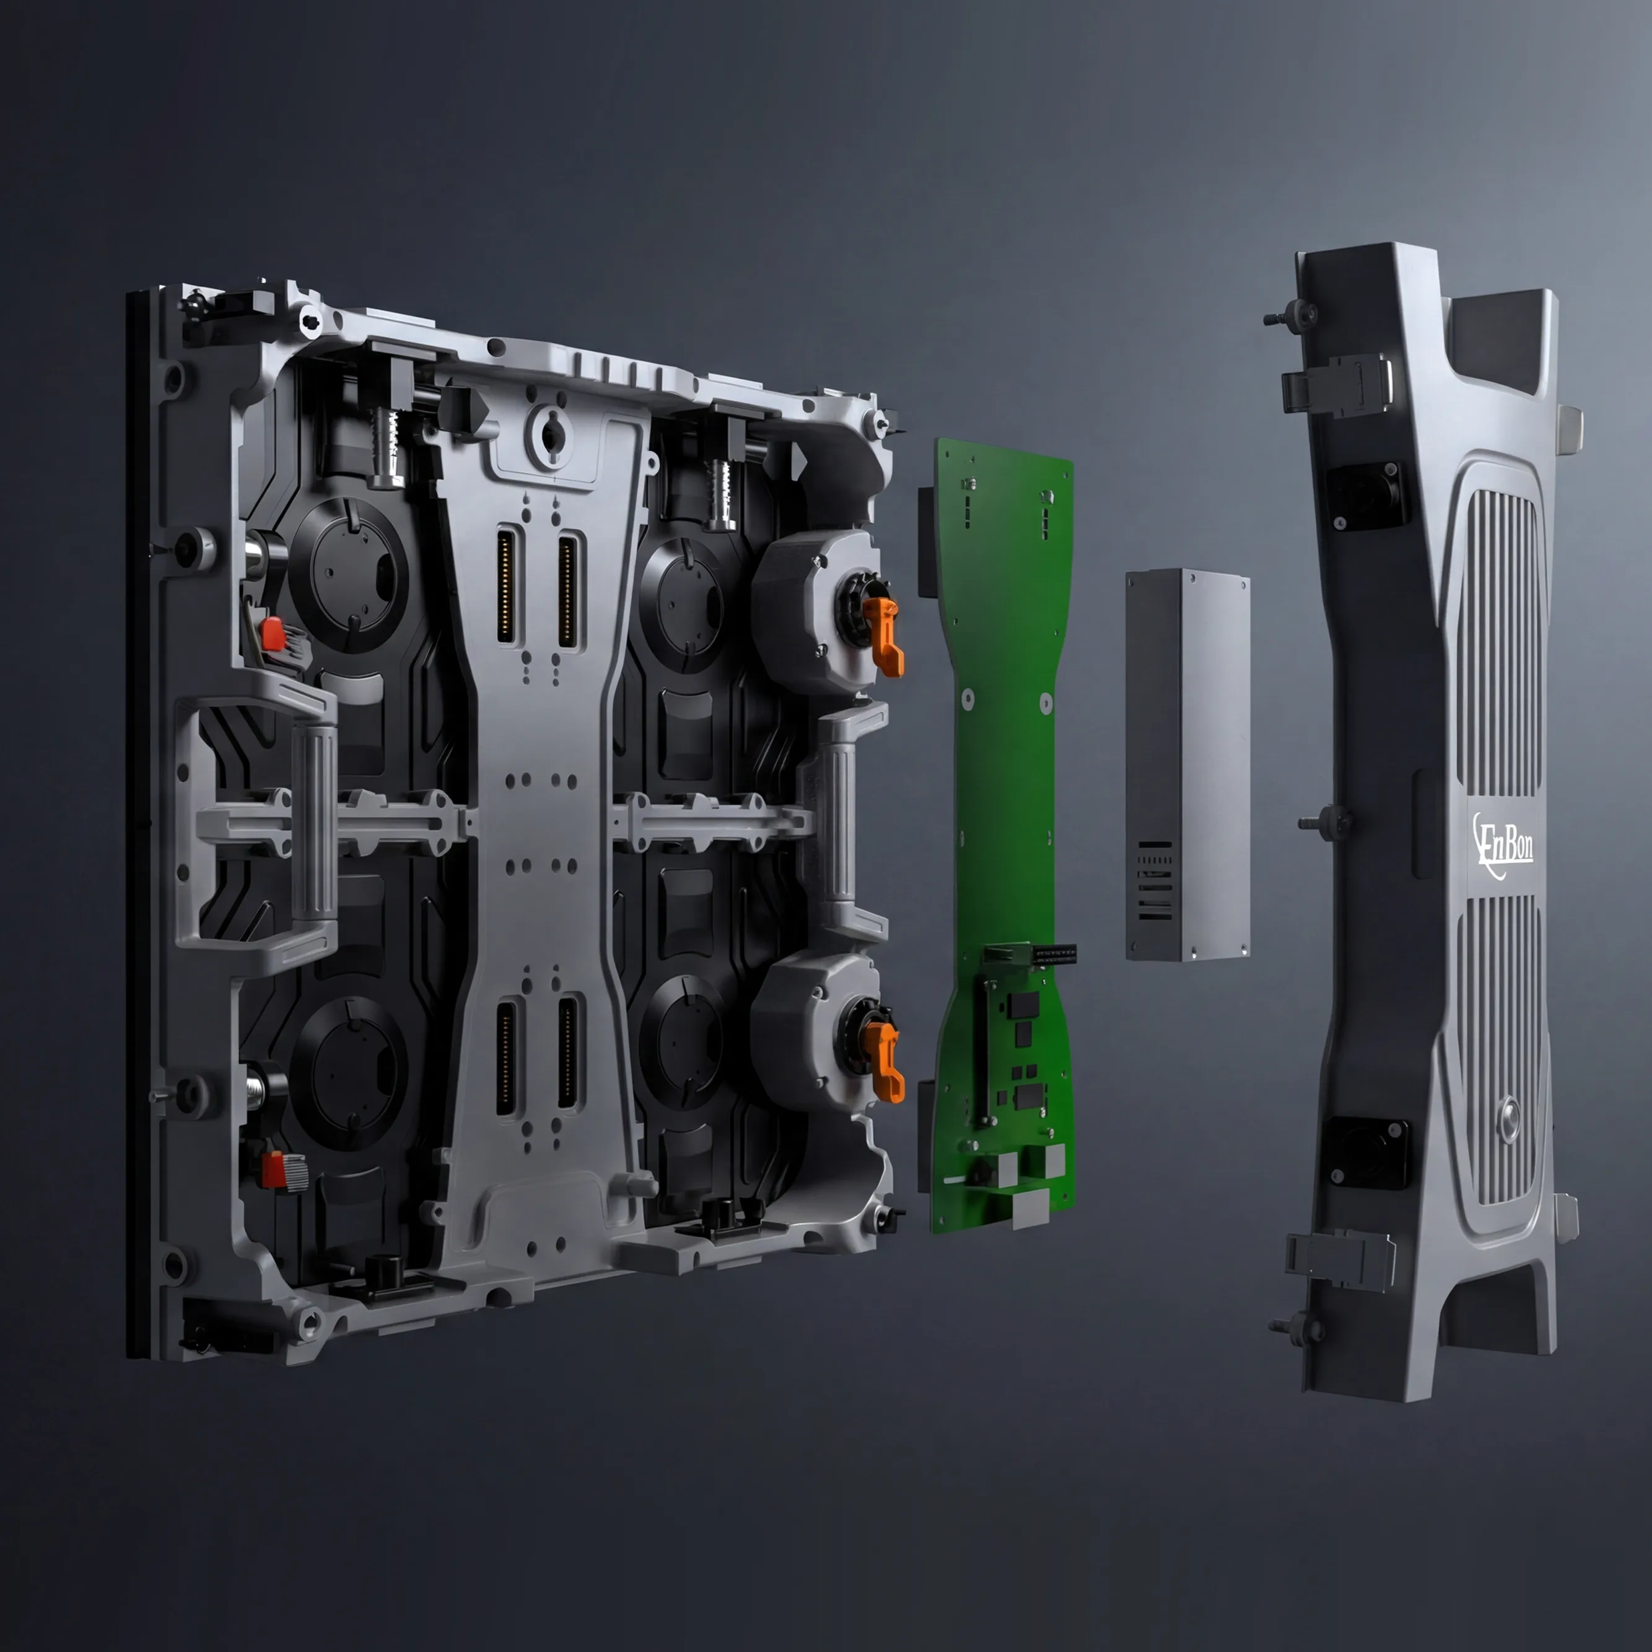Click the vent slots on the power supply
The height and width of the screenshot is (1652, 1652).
click(x=1155, y=881)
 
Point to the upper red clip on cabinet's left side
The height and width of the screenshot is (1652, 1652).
click(x=273, y=633)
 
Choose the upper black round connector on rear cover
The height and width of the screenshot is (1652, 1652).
click(x=1366, y=494)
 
